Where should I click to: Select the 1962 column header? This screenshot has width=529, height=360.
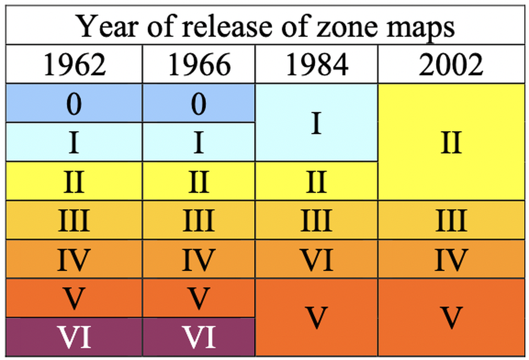click(x=74, y=65)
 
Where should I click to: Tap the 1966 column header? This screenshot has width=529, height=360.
click(x=199, y=65)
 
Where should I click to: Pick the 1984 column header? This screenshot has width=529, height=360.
click(x=316, y=65)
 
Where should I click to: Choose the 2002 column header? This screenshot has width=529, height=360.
click(x=451, y=65)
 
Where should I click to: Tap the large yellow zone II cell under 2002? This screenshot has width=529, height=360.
click(x=451, y=142)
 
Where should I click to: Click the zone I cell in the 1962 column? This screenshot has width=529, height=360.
click(x=74, y=142)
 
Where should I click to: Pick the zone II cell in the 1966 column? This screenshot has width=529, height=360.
click(x=199, y=181)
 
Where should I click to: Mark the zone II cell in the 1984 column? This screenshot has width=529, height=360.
click(x=316, y=181)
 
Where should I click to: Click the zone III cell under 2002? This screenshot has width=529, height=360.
click(x=451, y=220)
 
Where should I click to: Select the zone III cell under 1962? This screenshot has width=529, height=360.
click(x=74, y=220)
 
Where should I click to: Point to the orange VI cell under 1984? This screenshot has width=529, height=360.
click(x=316, y=259)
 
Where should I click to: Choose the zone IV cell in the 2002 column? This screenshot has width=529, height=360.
click(x=451, y=259)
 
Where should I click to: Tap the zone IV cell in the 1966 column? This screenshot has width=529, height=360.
click(x=199, y=259)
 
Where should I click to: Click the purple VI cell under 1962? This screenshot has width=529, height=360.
click(x=74, y=336)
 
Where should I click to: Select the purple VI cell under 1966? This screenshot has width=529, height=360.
click(x=199, y=336)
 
